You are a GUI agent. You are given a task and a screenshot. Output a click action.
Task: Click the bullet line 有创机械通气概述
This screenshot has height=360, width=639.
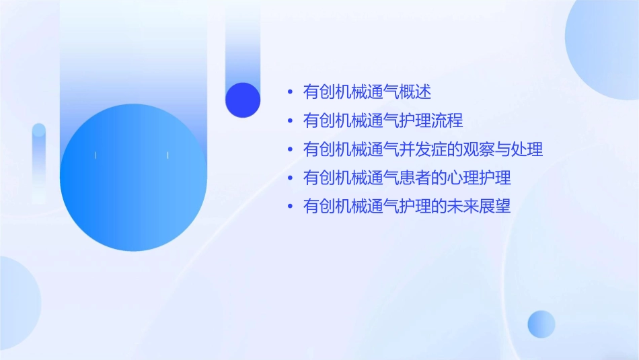tap(367, 92)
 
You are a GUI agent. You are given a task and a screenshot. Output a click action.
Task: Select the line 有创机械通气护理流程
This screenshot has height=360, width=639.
tap(383, 121)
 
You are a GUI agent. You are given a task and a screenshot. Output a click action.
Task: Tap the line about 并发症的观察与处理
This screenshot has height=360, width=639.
tap(423, 149)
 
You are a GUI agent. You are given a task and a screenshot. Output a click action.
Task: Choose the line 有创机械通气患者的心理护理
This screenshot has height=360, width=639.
tap(407, 178)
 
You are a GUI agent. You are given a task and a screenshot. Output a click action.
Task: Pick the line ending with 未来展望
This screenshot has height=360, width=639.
tap(407, 207)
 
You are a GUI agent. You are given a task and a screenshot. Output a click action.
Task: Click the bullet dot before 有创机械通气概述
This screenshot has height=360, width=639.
tap(290, 92)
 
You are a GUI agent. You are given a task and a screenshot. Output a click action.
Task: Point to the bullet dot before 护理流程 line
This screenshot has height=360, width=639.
tap(290, 121)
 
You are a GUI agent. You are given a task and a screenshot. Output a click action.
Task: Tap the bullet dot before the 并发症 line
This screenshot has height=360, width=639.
tap(290, 149)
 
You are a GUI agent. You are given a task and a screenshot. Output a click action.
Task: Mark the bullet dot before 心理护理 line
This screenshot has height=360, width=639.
tap(290, 178)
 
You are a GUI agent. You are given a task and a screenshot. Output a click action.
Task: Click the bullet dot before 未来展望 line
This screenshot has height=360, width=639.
tap(290, 207)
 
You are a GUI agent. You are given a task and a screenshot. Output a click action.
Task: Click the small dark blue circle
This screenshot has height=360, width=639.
tap(243, 100)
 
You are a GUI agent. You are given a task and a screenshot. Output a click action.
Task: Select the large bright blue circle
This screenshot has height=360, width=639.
tap(133, 178)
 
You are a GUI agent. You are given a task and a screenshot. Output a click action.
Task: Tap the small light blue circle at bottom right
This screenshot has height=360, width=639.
tap(541, 324)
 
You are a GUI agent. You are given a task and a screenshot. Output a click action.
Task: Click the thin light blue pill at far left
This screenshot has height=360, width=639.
tap(39, 161)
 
